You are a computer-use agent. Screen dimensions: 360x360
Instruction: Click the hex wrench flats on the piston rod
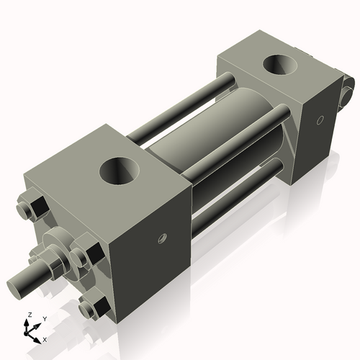coord(52,266)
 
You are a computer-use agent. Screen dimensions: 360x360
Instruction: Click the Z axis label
coord(28,315)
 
